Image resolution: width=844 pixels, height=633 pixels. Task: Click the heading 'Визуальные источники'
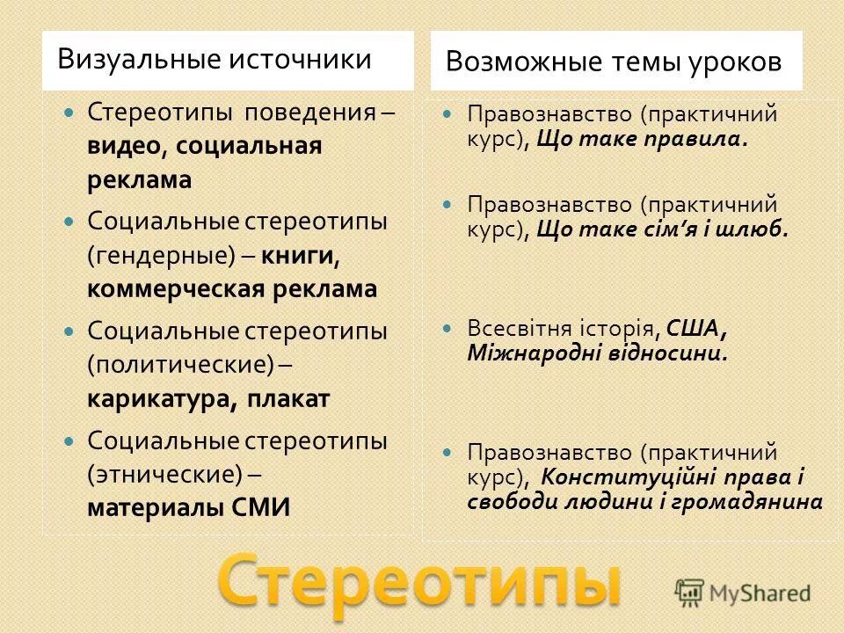pos(214,60)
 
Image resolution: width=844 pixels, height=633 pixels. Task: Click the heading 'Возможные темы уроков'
pos(613,62)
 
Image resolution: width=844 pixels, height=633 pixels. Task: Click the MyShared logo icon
pos(690,592)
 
